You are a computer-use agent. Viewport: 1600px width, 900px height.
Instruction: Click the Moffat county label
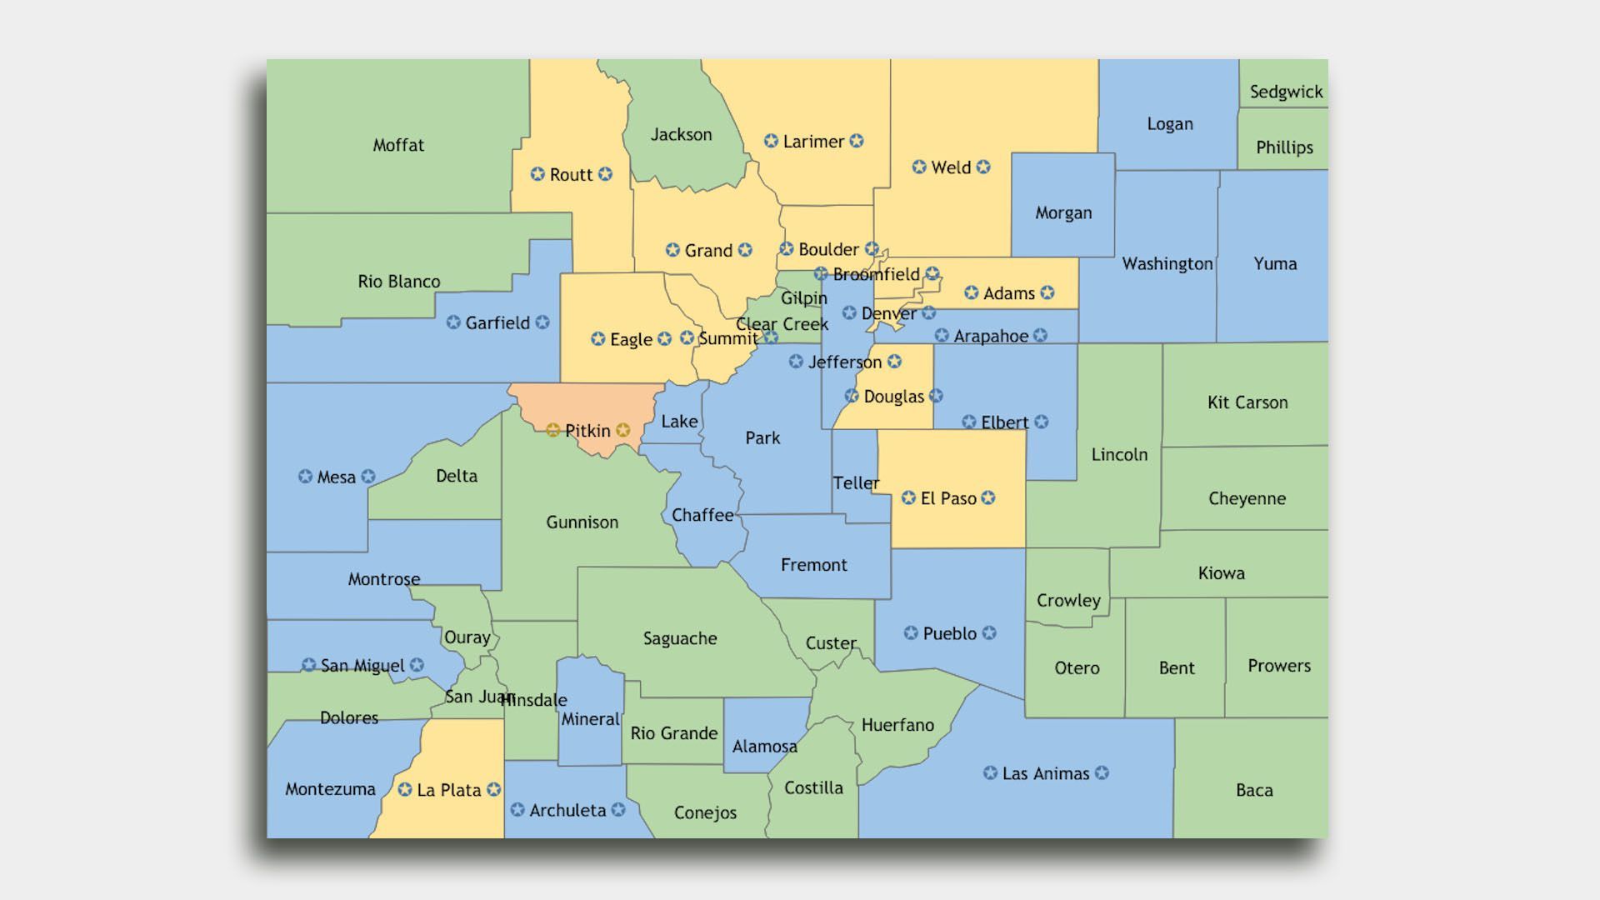pyautogui.click(x=398, y=145)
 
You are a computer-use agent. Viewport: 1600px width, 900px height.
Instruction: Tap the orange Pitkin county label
pyautogui.click(x=587, y=431)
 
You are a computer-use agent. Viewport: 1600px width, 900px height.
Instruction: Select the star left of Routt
pyautogui.click(x=537, y=174)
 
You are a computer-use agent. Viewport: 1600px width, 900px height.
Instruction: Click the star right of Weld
pyautogui.click(x=983, y=167)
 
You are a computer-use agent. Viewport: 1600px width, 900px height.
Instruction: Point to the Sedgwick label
pyautogui.click(x=1286, y=92)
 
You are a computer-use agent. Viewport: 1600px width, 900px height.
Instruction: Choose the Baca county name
pyautogui.click(x=1254, y=790)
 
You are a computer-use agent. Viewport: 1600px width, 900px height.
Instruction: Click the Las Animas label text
pyautogui.click(x=1046, y=773)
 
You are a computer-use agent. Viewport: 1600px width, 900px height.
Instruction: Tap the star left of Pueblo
pyautogui.click(x=911, y=633)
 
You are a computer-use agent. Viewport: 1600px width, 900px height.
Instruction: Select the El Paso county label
pyautogui.click(x=948, y=498)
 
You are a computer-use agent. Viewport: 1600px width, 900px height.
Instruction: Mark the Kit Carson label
pyautogui.click(x=1247, y=402)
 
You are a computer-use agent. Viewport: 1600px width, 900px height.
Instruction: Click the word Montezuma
pyautogui.click(x=330, y=789)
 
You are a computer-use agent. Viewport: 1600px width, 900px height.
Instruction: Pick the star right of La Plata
pyautogui.click(x=494, y=789)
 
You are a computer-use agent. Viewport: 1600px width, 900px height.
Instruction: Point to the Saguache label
pyautogui.click(x=680, y=638)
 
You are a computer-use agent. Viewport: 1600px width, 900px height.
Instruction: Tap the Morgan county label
pyautogui.click(x=1063, y=212)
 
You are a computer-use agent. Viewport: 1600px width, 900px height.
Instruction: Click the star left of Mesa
pyautogui.click(x=305, y=477)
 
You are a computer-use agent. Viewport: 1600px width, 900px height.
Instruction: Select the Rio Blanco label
pyautogui.click(x=399, y=282)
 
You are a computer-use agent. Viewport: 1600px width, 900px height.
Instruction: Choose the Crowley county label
pyautogui.click(x=1068, y=600)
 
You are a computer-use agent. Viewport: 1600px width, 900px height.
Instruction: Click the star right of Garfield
pyautogui.click(x=542, y=322)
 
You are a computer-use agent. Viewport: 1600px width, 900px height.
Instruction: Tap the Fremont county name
pyautogui.click(x=813, y=565)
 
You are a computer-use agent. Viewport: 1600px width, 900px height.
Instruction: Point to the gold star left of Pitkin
pyautogui.click(x=552, y=431)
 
